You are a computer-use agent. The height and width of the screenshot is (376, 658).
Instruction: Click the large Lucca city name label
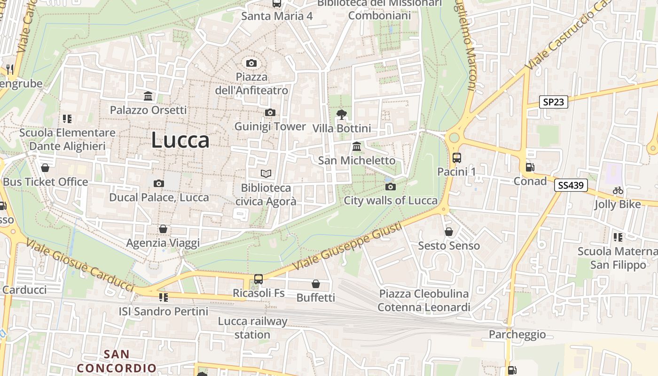(180, 140)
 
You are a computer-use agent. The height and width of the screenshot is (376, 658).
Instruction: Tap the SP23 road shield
(553, 102)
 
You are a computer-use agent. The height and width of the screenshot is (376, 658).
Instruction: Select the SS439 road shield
(571, 185)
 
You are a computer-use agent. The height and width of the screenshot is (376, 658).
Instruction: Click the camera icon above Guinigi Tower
(270, 112)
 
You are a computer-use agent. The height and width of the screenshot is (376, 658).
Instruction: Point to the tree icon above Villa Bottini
(342, 114)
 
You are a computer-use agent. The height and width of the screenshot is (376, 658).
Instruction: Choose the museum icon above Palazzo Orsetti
(148, 96)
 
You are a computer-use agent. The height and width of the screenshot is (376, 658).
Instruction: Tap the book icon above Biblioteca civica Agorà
(266, 174)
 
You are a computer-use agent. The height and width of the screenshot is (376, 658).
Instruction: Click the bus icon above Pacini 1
(456, 158)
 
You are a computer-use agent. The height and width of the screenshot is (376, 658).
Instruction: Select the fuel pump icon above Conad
(530, 167)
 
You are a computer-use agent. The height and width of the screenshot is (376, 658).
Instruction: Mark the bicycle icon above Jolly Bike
(618, 190)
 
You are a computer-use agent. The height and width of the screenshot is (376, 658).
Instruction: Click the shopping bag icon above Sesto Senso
(449, 232)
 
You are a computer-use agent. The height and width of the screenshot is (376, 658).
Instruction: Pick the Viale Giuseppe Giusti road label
(347, 247)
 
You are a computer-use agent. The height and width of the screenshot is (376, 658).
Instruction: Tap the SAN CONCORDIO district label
(117, 361)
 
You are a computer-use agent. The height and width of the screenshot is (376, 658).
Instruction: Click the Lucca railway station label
(252, 328)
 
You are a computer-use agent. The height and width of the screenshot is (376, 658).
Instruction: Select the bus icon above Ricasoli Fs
(258, 279)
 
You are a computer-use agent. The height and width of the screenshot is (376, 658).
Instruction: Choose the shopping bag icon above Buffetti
(316, 284)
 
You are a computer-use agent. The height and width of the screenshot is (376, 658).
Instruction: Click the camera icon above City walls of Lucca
(391, 187)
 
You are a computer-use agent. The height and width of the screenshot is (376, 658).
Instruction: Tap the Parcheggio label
(517, 334)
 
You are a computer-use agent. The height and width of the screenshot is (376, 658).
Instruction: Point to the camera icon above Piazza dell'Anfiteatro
(251, 63)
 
